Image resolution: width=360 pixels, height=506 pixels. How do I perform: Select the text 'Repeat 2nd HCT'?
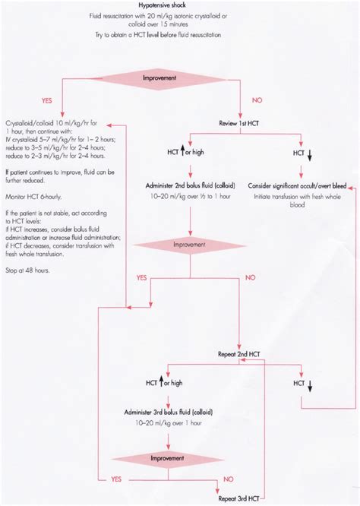coord(240,355)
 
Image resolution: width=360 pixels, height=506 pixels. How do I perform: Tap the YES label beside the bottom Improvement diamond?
coord(116,479)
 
